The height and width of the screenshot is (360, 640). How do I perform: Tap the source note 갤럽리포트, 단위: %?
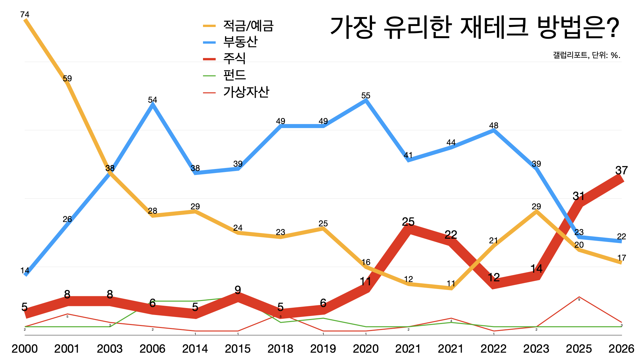tap(586, 55)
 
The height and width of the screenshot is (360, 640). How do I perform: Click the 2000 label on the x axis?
tap(25, 349)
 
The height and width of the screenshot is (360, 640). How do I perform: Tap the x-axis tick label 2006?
tap(152, 349)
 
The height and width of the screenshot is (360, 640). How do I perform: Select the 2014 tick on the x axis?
tap(195, 349)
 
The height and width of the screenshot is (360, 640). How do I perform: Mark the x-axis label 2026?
tap(621, 349)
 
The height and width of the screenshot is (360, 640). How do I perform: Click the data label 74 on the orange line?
tap(25, 15)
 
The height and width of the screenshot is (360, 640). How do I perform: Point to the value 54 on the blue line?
tap(152, 100)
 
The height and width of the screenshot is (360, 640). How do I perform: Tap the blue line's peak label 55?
tap(366, 96)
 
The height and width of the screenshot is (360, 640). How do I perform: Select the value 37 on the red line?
tap(621, 170)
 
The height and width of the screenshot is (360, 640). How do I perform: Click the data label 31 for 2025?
tap(579, 196)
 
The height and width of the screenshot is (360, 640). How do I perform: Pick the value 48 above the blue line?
tap(494, 126)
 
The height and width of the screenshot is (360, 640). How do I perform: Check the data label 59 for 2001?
tap(67, 79)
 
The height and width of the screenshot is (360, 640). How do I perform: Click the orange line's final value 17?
tap(621, 258)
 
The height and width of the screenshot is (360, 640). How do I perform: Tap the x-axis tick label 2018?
tap(280, 349)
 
